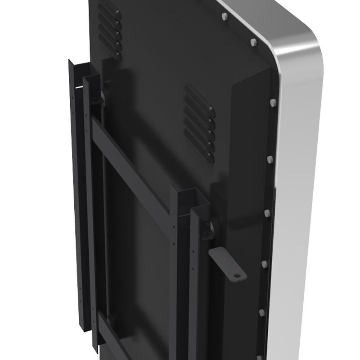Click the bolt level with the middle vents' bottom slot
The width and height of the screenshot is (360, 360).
[270, 159]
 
